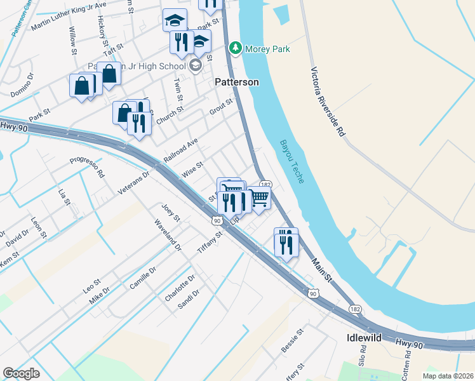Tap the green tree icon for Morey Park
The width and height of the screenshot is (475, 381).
[236, 48]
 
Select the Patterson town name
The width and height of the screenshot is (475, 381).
[236, 82]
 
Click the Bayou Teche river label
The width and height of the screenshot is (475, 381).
[291, 161]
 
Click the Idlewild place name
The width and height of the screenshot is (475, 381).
[365, 338]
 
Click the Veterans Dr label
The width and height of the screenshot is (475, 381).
[133, 182]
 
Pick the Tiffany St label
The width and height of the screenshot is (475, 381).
[211, 241]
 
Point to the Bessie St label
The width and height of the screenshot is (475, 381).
[293, 341]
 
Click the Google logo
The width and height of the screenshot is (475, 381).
[21, 373]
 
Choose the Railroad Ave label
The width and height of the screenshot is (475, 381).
[181, 150]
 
